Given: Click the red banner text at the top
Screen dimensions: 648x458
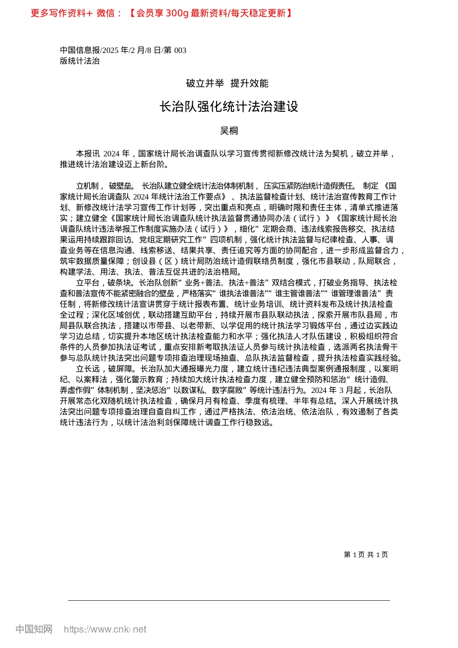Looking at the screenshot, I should point(162,13).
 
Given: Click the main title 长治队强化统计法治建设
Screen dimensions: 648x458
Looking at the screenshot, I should point(229,107).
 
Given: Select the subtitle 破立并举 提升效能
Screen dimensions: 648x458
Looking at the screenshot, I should point(227,83).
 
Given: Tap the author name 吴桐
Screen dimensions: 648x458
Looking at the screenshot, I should point(229,131).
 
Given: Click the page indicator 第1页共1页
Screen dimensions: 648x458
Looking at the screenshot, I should point(365,554).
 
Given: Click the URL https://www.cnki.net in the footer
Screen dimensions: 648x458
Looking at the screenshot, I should point(105,629).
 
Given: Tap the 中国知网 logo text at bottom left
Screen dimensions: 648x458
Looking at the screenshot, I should point(34,629).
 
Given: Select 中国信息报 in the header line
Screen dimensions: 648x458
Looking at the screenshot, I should point(80,50).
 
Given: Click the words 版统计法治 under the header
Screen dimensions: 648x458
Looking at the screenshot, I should point(80,61).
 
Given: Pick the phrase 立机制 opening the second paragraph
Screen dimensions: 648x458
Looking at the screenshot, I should point(87,186).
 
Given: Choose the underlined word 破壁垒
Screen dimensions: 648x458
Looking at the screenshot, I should point(121,186).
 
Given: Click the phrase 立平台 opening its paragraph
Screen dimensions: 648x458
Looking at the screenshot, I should point(87,283).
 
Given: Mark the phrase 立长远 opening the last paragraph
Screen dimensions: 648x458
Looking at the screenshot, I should point(87,369).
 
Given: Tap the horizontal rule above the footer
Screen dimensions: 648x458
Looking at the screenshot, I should point(229,600).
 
